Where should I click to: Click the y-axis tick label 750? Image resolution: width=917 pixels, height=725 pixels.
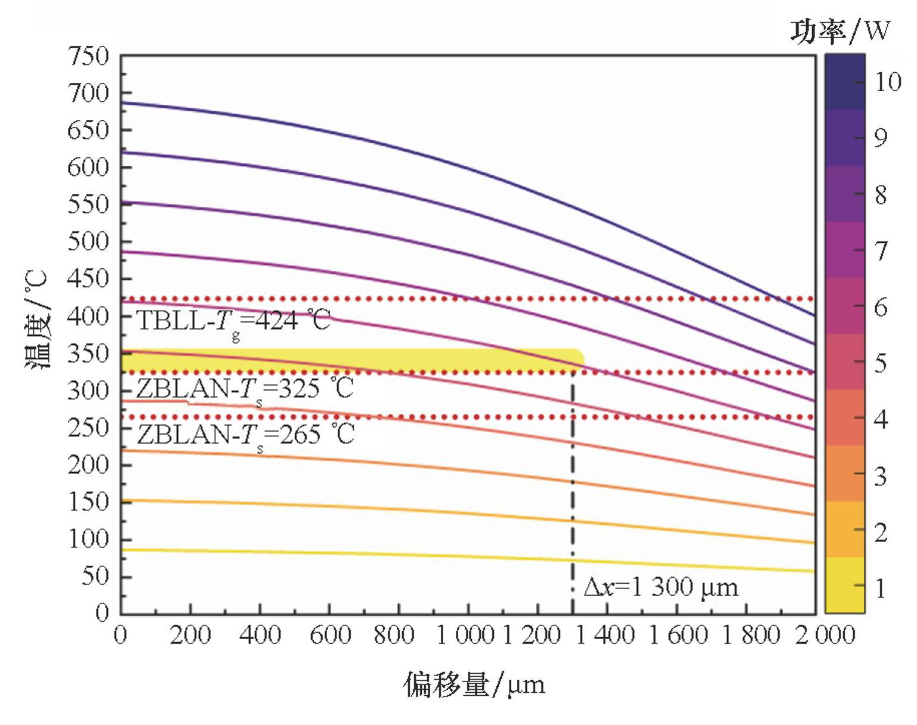(88, 57)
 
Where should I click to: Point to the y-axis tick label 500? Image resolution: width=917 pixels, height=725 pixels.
(88, 241)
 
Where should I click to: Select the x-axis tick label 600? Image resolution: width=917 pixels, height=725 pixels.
(329, 635)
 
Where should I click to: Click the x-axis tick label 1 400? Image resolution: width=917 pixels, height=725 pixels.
(605, 635)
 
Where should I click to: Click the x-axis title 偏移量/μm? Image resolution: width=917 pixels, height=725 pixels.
(474, 684)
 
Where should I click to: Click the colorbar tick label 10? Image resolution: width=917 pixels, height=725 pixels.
(888, 82)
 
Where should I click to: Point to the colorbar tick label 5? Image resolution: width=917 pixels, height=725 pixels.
(881, 362)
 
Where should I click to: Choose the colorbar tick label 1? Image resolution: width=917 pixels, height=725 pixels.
(881, 588)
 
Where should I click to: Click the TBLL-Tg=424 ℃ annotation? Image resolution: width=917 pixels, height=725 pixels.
(233, 321)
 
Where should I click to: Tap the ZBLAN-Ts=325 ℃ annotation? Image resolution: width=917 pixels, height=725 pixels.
(245, 389)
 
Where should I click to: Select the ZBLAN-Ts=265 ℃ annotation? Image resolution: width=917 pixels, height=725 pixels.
(245, 435)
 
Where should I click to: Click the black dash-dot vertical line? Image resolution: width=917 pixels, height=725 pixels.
(573, 489)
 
